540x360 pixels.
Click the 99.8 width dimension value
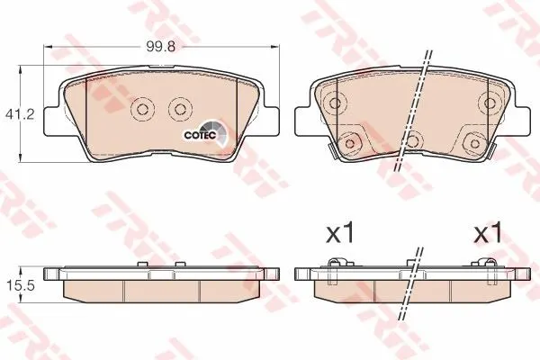point(160,46)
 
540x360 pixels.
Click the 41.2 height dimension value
point(20,114)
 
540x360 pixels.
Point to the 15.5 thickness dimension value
point(21,285)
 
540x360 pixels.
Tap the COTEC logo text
point(200,135)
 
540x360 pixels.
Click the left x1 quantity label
point(339,233)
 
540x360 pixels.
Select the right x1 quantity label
point(488,233)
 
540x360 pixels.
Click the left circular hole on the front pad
point(142,110)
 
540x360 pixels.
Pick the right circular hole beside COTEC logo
point(179,110)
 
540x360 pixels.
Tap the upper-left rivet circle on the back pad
point(335,103)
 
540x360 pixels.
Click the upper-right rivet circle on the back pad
point(489,103)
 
